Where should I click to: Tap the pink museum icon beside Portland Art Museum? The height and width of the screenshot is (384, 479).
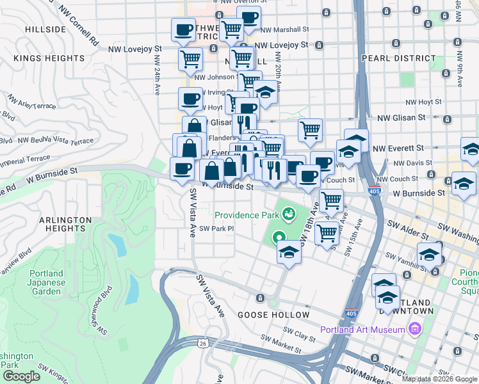point(415,330)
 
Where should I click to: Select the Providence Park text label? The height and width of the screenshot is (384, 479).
point(247,215)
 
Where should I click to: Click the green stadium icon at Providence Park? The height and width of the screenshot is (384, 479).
point(289,212)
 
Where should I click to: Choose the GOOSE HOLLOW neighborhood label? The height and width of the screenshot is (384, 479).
point(273,315)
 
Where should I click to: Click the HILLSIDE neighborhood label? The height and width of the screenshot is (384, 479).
point(45,29)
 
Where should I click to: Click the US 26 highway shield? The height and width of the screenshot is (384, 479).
point(202,343)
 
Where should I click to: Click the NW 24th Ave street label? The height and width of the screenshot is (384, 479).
point(156,74)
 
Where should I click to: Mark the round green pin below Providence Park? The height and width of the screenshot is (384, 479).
point(279,237)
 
